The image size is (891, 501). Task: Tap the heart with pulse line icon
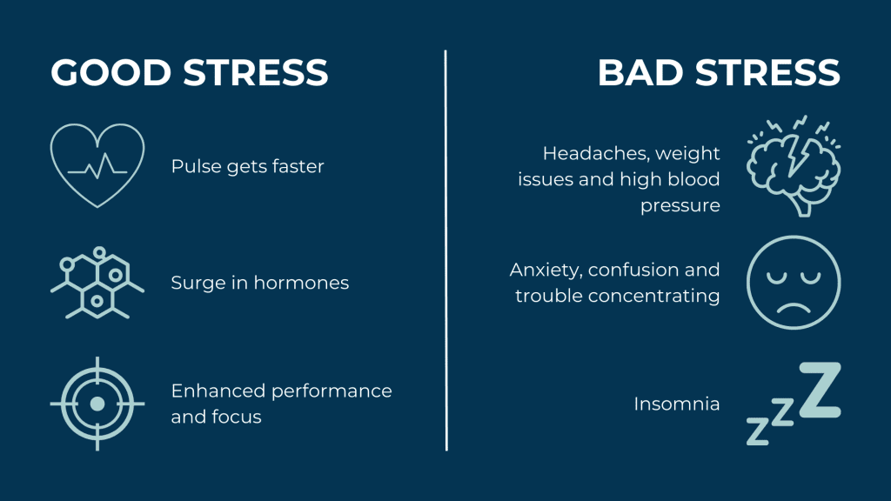[x=97, y=165]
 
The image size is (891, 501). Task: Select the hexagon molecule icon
[x=97, y=282]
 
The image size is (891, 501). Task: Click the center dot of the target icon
[x=97, y=404]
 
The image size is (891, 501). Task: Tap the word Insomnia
[x=676, y=404]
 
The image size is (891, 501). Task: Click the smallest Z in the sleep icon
[x=758, y=430]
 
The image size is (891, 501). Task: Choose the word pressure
[x=680, y=206]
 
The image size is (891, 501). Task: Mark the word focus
[x=237, y=417]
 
